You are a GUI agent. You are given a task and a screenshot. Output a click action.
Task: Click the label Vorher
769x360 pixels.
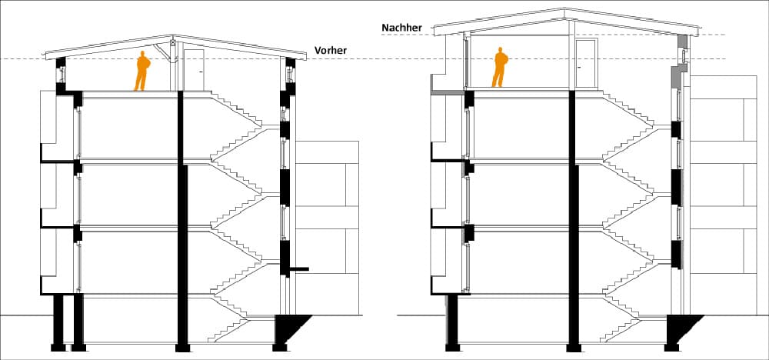tap(330, 50)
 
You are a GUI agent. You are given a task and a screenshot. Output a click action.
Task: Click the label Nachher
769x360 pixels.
tap(401, 28)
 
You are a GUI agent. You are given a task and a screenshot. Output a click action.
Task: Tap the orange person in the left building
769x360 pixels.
tap(142, 71)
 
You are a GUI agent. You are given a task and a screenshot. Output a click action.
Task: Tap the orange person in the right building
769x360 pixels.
tap(500, 67)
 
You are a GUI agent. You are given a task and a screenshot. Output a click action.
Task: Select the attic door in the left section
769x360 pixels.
tap(194, 70)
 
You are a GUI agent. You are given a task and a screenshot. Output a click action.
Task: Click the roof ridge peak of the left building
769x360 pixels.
tap(173, 35)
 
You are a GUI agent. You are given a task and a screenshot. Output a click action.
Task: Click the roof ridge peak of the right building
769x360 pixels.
tap(565, 8)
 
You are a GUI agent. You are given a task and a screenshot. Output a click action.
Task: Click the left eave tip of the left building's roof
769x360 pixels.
tap(45, 56)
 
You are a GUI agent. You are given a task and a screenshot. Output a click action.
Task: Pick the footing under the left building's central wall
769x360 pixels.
tap(182, 348)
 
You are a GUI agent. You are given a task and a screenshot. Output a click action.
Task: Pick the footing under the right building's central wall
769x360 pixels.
tap(574, 348)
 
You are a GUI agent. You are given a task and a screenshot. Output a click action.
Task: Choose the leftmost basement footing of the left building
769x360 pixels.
tap(58, 348)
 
